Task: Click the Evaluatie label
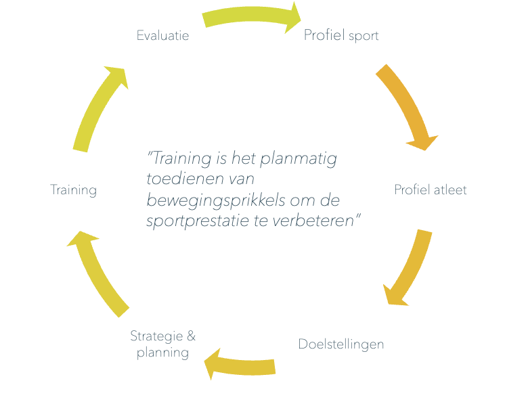[x=162, y=36]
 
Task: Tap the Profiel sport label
[x=341, y=35]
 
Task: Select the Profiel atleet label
[x=431, y=189]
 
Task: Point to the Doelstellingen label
[x=341, y=344]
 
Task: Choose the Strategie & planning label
[x=162, y=344]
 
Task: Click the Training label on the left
[x=73, y=189]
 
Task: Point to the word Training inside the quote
[x=178, y=160]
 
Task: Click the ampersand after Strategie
[x=191, y=336]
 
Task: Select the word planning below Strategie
[x=162, y=353]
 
